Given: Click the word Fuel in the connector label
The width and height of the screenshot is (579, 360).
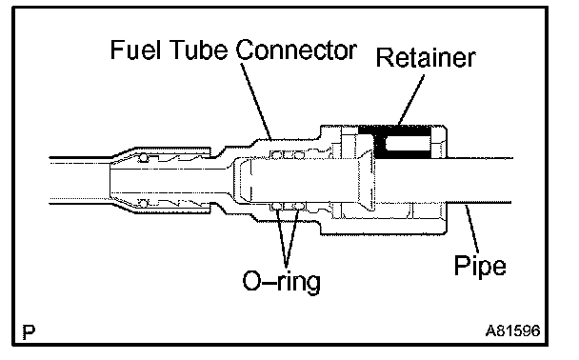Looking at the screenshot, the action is [135, 50].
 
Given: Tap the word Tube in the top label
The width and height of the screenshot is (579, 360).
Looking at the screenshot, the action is [198, 50].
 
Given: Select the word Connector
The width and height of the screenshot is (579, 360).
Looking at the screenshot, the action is [296, 50].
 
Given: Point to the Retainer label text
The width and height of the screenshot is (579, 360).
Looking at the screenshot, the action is [426, 58].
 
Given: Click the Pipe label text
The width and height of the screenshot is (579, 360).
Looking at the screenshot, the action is [480, 267].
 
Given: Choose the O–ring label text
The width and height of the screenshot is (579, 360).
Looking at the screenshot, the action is [281, 281].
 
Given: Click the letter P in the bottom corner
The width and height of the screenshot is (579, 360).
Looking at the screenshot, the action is [29, 332].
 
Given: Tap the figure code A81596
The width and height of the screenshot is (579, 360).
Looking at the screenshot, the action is [512, 330].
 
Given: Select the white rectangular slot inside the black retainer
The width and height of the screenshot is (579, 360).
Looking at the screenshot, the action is [408, 143].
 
